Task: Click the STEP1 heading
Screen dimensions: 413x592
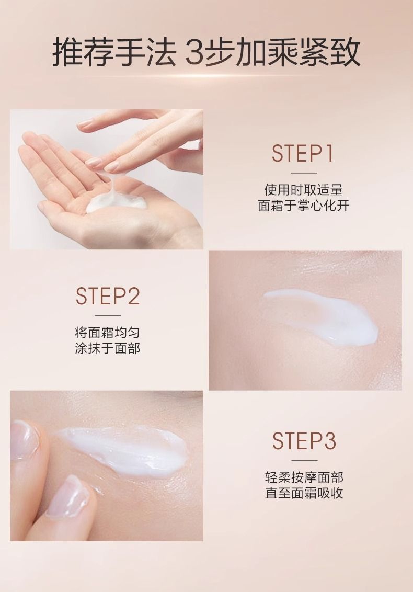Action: tap(303, 153)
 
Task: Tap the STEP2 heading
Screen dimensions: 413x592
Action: tap(108, 296)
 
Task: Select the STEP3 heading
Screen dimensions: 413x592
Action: tap(304, 441)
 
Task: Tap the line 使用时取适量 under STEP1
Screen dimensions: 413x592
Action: tap(304, 189)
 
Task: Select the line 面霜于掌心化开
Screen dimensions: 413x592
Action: tap(304, 206)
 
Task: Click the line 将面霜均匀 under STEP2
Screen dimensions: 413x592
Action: tap(108, 332)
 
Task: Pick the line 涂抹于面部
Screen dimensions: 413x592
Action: tap(108, 348)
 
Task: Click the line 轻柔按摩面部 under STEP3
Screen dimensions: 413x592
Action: tap(304, 477)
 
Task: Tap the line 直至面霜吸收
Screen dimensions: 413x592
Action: tap(304, 493)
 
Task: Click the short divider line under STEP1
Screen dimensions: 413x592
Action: tap(304, 173)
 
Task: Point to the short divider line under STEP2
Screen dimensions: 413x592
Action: tap(108, 316)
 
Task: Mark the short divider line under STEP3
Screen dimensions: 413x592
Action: tap(304, 461)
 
